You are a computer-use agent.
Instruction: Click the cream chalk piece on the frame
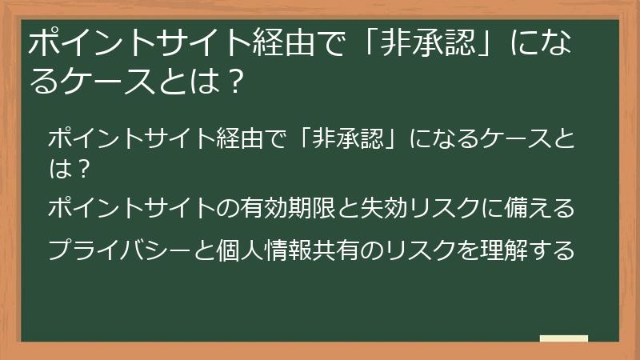(x=563, y=339)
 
